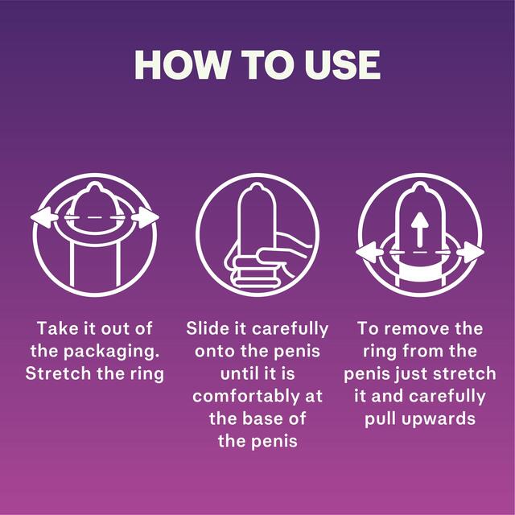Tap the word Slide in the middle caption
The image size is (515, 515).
[x=208, y=328]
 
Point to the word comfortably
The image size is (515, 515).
[x=257, y=396]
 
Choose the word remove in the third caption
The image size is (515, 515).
[x=423, y=328]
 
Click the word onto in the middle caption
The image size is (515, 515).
[x=212, y=351]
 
